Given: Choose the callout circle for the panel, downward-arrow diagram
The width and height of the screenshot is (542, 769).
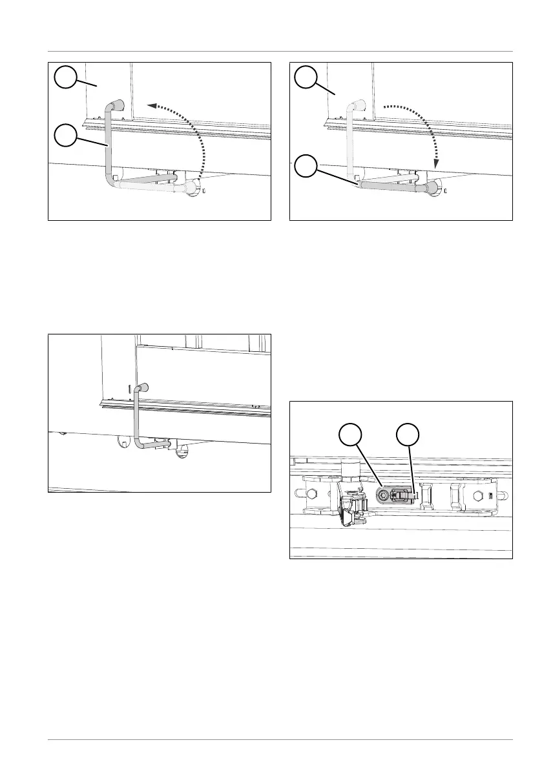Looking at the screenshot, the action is (x=305, y=79).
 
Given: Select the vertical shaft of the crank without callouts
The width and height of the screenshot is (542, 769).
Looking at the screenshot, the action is (x=137, y=420).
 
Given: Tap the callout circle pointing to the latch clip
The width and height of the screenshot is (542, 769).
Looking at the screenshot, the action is (x=406, y=435).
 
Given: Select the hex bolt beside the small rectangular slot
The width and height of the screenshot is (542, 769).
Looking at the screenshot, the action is (x=478, y=496).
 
